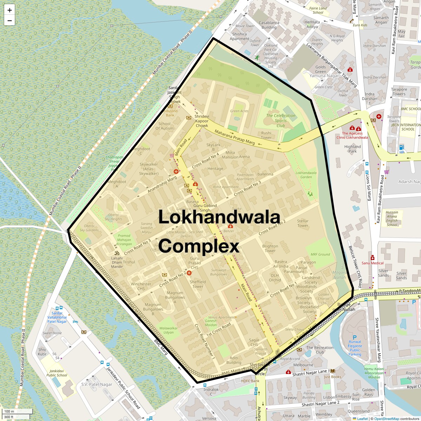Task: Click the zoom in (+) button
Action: pos(9,10)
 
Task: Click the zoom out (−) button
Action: pos(9,20)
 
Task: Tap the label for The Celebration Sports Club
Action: pos(281,120)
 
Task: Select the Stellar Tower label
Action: pos(303,223)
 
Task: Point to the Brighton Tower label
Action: pos(270,248)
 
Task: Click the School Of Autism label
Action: pos(164,126)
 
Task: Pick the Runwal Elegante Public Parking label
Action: pos(355,348)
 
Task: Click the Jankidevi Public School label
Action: pos(57,373)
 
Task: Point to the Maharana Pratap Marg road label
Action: pos(234,137)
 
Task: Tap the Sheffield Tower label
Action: pos(198,284)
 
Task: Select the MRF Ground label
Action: pos(320,254)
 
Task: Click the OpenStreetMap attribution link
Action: pos(386,419)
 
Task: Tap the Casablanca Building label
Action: pos(269,25)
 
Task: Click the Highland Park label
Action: pos(353,149)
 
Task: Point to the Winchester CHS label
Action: pos(141,286)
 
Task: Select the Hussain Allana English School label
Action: pos(392,219)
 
